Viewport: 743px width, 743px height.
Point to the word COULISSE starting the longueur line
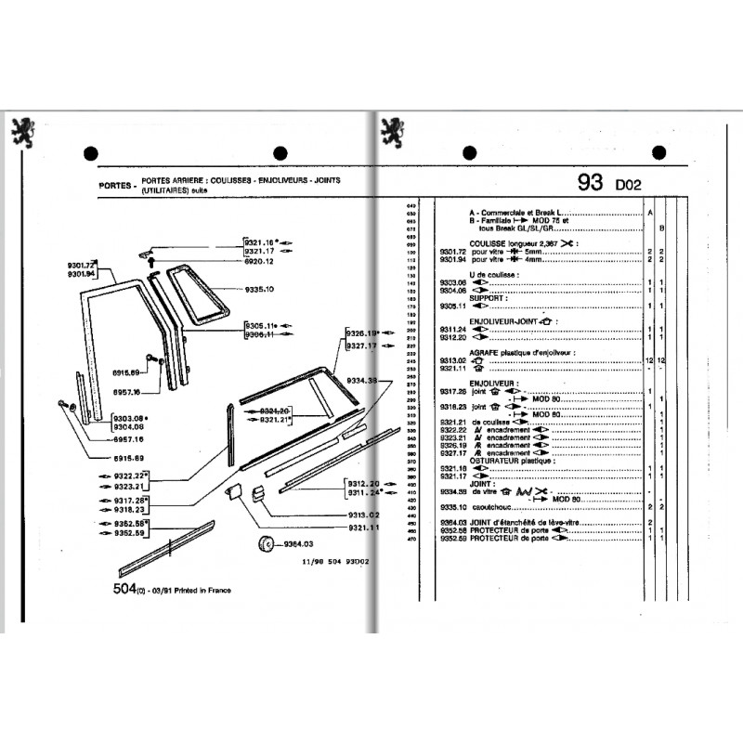click(489, 242)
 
